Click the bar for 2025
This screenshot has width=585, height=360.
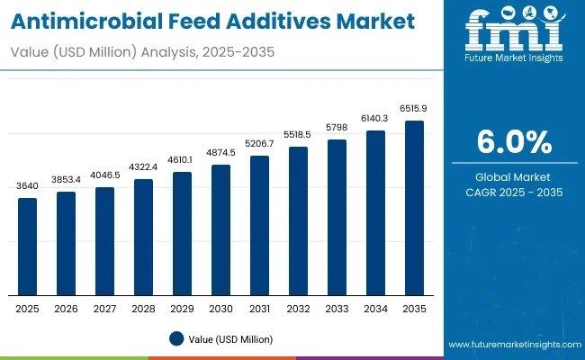28,247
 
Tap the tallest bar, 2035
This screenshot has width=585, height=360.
414,208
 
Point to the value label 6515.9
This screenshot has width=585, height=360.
414,109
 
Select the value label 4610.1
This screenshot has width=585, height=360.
182,160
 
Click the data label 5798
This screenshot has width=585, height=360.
337,129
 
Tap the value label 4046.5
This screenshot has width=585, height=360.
104,175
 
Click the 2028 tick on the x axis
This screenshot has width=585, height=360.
143,309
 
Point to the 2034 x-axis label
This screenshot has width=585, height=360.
375,309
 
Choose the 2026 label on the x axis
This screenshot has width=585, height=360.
66,309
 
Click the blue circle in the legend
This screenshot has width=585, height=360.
178,339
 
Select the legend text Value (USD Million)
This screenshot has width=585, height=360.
232,339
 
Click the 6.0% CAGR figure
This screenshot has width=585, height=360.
513,142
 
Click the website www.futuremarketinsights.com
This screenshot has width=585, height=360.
513,345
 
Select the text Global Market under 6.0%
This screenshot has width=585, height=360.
513,176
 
